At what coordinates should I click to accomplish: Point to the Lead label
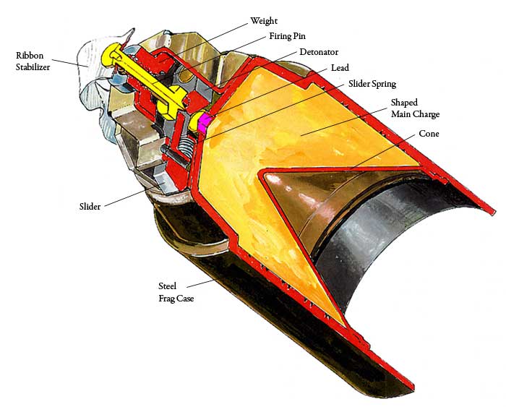340,68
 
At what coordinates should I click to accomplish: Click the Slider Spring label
372,85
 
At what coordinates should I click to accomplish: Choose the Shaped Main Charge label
414,108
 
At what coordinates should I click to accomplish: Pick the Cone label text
429,134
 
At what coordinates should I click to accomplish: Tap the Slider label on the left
90,206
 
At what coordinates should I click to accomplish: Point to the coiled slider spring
185,150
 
